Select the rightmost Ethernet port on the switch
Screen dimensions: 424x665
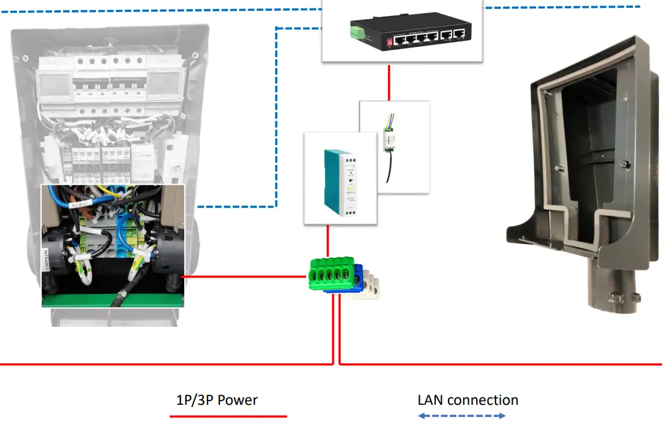[x=459, y=35]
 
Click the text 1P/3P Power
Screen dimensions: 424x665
[x=217, y=400]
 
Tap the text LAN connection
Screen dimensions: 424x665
[x=468, y=400]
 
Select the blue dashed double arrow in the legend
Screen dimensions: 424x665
[x=462, y=416]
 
